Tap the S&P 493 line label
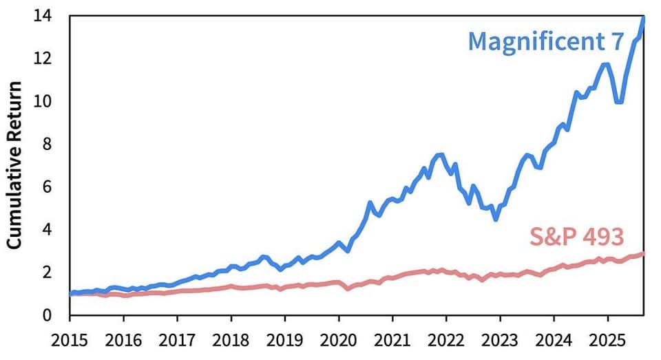[576, 237]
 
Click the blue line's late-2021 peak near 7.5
[440, 155]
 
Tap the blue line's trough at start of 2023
[495, 219]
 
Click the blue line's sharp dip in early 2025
[619, 102]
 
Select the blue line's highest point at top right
[643, 17]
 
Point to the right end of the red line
[643, 253]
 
